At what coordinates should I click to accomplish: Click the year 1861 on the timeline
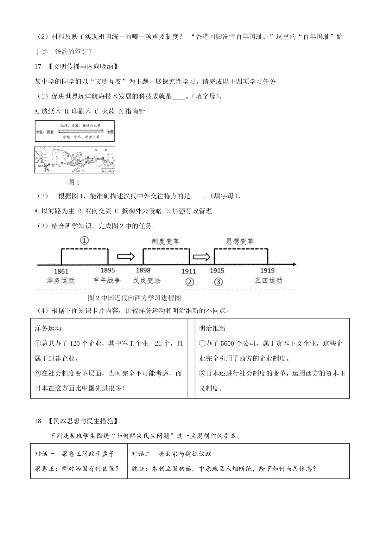[x=61, y=271]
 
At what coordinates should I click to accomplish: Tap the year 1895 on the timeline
[x=108, y=270]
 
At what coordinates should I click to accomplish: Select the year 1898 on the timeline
[x=143, y=270]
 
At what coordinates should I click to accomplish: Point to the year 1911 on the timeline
[x=189, y=271]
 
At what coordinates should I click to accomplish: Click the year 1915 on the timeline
[x=217, y=271]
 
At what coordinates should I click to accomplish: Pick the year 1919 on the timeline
[x=267, y=271]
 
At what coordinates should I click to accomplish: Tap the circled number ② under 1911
[x=189, y=282]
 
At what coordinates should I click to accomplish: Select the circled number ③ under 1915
[x=218, y=282]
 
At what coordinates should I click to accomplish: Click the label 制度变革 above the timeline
[x=165, y=241]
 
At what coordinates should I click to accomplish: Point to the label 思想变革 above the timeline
[x=240, y=241]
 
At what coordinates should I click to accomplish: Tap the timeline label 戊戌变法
[x=146, y=281]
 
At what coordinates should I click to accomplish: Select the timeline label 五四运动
[x=268, y=280]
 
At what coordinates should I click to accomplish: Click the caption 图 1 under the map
[x=74, y=183]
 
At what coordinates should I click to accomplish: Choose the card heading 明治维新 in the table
[x=212, y=329]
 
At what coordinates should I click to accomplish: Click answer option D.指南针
[x=131, y=111]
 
